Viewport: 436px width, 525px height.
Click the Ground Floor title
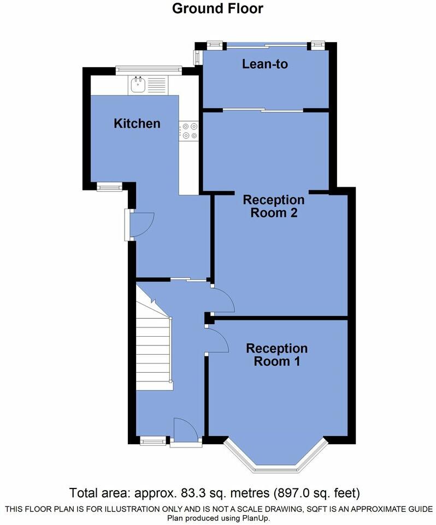[217, 9]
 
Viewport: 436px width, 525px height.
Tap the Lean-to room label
[265, 64]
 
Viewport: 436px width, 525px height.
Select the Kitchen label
[137, 123]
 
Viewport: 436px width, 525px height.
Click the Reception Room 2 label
[274, 206]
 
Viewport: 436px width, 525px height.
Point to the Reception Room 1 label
[276, 354]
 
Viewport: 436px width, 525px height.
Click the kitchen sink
[138, 83]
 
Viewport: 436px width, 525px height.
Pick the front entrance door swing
[185, 428]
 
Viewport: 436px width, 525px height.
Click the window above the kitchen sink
[149, 69]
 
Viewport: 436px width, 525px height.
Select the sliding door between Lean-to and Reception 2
[263, 110]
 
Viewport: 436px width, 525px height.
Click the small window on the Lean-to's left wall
[197, 57]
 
